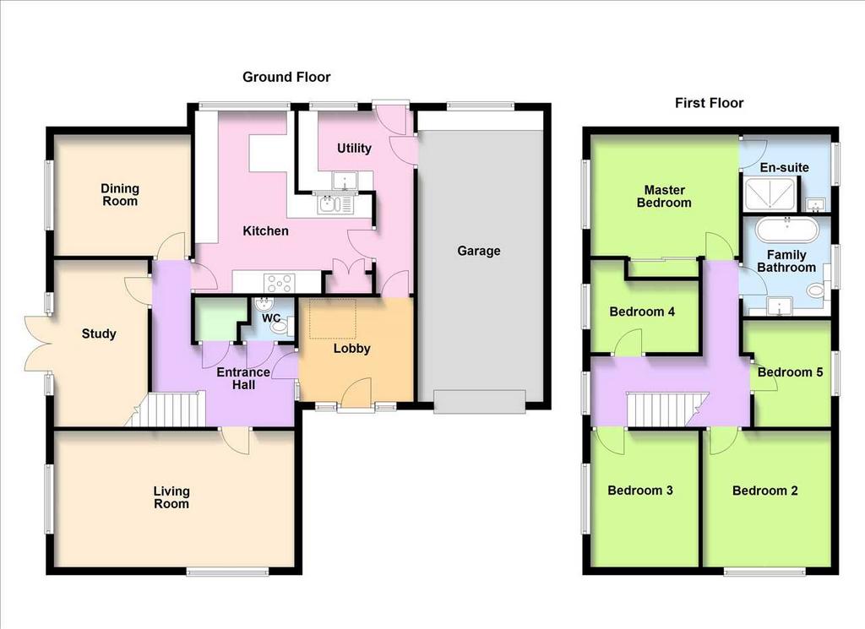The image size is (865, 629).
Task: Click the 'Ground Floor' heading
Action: click(286, 77)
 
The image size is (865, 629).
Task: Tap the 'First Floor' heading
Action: click(709, 103)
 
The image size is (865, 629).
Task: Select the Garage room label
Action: click(479, 252)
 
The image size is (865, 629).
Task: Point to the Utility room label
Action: click(354, 149)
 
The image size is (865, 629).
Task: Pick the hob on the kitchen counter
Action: click(280, 284)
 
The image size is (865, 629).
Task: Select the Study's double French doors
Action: click(39, 344)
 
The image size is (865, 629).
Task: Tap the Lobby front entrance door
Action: click(356, 394)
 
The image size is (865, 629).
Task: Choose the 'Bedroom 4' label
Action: click(642, 312)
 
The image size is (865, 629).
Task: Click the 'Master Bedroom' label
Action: click(664, 196)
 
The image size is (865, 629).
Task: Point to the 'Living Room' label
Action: click(171, 497)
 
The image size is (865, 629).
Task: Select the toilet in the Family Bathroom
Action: click(816, 290)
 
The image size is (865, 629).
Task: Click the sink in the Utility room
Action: click(345, 181)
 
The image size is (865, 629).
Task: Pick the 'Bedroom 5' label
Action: click(790, 372)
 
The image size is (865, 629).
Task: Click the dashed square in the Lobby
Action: click(333, 318)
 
